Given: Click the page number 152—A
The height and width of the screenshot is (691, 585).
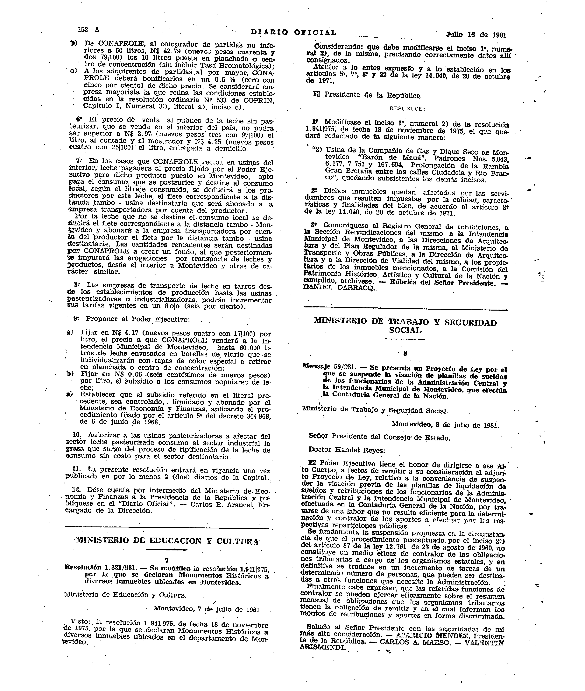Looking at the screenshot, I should pyautogui.click(x=88, y=30).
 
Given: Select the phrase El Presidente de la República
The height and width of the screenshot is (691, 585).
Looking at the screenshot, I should pyautogui.click(x=366, y=95).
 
